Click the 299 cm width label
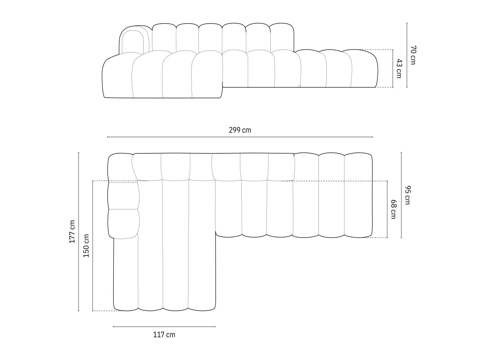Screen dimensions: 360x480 (240, 130)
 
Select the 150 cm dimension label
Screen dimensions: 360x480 (86, 245)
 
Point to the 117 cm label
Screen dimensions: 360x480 (164, 335)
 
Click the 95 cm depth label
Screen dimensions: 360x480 (407, 195)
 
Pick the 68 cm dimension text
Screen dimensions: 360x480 (393, 209)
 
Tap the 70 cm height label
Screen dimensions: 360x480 (413, 55)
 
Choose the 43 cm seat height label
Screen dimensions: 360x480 (399, 68)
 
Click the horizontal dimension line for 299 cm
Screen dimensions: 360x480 (240, 137)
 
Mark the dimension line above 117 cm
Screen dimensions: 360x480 (164, 327)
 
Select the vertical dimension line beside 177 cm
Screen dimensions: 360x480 (79, 232)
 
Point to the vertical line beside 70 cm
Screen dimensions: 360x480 (407, 55)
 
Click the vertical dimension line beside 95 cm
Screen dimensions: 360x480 (401, 195)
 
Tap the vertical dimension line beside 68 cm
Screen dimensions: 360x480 (387, 209)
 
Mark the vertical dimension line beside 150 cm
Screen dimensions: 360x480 (93, 245)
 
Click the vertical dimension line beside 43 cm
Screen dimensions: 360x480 (393, 68)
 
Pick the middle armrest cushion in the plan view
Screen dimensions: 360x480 (123, 196)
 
